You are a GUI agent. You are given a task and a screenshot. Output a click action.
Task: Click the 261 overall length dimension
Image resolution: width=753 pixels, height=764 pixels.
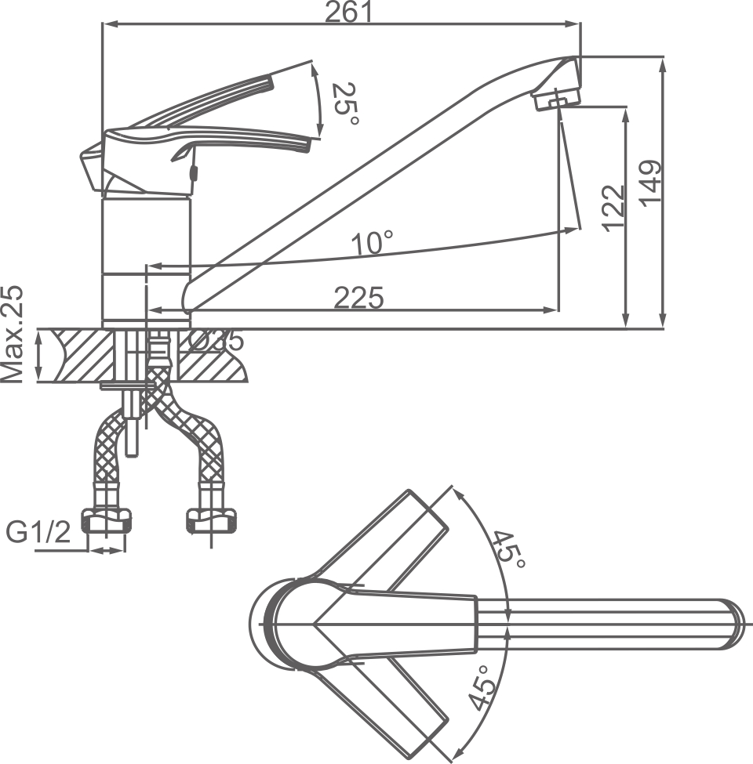349,12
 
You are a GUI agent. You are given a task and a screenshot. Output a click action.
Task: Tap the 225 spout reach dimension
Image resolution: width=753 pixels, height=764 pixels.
358,298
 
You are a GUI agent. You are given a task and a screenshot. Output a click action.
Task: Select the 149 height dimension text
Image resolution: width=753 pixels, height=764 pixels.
650,183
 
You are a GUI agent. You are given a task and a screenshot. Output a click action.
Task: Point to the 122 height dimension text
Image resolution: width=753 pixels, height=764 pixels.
613,207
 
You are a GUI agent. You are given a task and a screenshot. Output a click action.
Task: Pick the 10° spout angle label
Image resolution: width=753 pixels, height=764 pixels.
372,244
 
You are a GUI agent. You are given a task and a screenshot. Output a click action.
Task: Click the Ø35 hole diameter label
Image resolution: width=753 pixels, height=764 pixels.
216,341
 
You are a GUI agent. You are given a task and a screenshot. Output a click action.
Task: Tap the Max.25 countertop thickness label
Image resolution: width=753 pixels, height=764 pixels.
13,334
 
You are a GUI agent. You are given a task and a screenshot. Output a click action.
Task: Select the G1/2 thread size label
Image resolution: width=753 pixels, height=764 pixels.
38,533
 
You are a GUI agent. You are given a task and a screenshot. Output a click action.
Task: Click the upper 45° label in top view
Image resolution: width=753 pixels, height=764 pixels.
507,548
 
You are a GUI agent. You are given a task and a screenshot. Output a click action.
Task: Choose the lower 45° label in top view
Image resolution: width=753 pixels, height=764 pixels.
484,688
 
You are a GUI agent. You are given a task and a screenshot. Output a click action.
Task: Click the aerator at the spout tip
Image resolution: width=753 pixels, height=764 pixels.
556,100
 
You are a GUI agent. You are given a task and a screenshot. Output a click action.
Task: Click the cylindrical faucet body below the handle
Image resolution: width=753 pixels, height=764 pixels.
147,235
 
